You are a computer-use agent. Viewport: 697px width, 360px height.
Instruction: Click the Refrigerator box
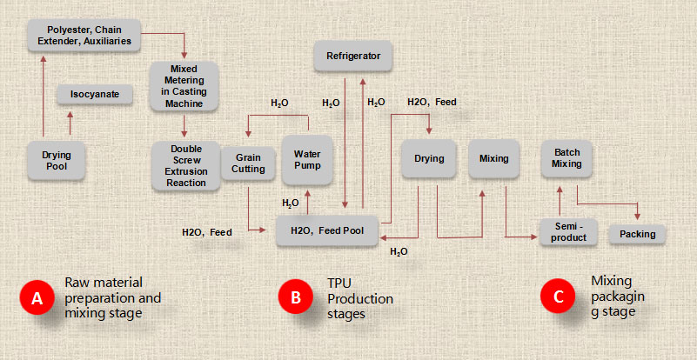click(x=353, y=57)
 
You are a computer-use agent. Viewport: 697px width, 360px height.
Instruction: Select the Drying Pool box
click(x=57, y=160)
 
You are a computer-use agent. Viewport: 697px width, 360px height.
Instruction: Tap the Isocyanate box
click(x=95, y=94)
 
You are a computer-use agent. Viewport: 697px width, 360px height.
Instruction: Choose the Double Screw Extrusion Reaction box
click(x=182, y=165)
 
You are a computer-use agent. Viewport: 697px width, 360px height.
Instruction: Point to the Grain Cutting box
click(x=249, y=163)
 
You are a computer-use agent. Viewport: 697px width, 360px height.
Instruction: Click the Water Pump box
click(x=307, y=159)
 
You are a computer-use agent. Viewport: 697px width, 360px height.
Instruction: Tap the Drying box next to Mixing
click(x=429, y=158)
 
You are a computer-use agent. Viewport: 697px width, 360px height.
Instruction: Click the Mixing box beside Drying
click(x=493, y=158)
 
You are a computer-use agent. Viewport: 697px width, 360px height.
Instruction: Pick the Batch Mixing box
click(x=566, y=158)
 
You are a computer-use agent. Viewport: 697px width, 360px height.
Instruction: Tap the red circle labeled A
click(x=37, y=297)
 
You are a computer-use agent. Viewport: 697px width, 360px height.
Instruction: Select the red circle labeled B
click(x=296, y=297)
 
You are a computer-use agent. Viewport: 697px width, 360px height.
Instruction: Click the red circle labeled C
click(x=558, y=297)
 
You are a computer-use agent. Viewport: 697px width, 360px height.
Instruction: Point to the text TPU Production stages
click(x=359, y=298)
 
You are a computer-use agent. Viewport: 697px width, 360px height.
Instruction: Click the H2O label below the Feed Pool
click(x=399, y=251)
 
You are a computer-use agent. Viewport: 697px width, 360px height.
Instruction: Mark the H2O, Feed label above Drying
click(x=432, y=102)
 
